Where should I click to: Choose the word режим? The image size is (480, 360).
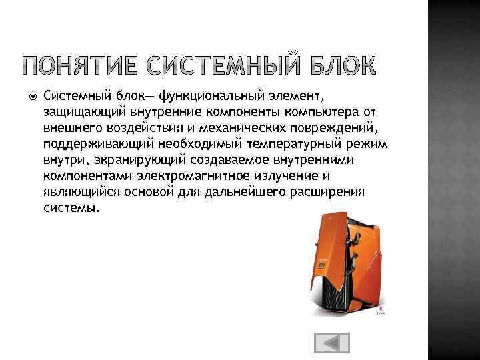tap(368, 143)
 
